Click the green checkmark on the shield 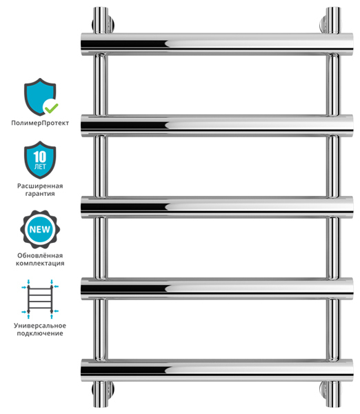51,108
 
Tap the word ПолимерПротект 40,123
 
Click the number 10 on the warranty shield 40,157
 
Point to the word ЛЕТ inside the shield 40,166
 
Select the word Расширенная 40,186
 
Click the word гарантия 40,194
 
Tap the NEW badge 40,229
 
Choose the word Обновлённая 40,255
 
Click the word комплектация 40,264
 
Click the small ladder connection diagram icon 40,299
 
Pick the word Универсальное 40,326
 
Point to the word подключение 40,333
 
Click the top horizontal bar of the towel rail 217,44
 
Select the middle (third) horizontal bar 217,207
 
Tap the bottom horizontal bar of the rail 217,370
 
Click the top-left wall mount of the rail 103,21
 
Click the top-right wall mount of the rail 330,21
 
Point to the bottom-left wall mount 103,393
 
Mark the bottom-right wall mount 330,393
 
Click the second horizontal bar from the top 217,126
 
